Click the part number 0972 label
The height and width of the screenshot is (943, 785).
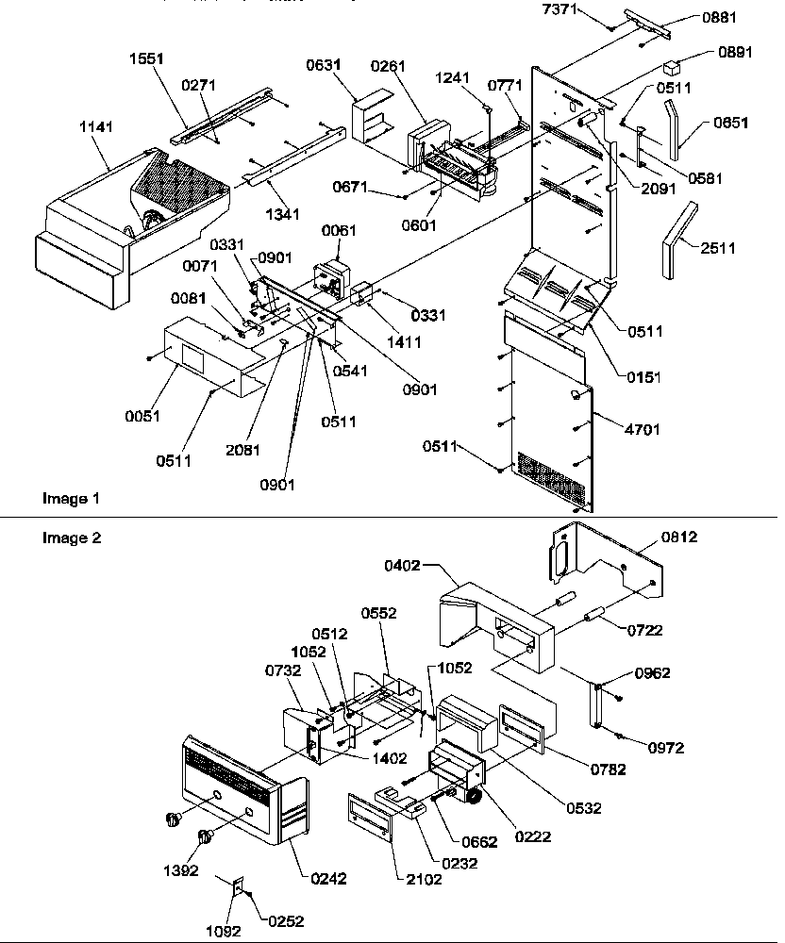click(666, 748)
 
